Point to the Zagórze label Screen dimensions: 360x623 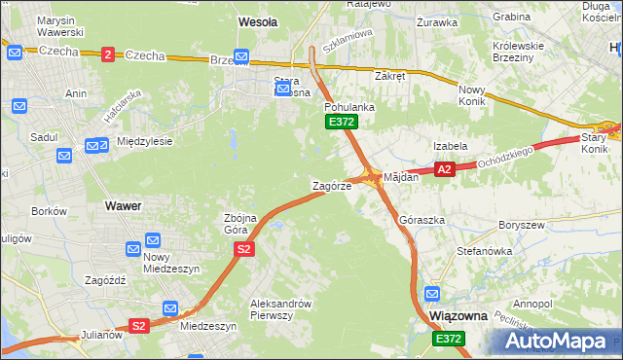pos(332,185)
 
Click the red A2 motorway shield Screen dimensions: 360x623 pos(445,169)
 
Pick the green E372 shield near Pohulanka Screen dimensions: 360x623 pos(342,122)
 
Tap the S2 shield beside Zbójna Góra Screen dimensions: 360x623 pos(244,250)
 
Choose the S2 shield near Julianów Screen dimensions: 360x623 pos(138,326)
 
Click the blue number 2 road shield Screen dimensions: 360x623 pos(107,54)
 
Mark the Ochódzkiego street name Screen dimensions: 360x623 pos(506,156)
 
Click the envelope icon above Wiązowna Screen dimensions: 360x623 pos(432,292)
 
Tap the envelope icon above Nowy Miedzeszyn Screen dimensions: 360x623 pos(152,240)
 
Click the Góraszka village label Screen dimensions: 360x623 pos(421,220)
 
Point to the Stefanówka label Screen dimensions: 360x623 pos(484,250)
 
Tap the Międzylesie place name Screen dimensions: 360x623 pos(144,141)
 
